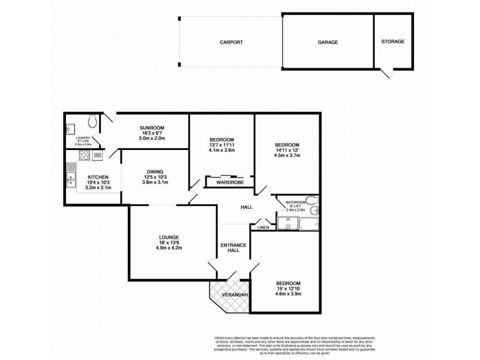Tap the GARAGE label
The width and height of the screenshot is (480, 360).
(328, 43)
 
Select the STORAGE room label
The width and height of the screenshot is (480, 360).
(393, 41)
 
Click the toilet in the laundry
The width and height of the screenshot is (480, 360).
(92, 122)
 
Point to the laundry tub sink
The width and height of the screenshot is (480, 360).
(71, 128)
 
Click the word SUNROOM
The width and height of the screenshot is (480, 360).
(152, 128)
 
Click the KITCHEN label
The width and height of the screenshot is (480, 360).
(98, 177)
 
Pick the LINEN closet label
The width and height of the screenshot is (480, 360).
(263, 227)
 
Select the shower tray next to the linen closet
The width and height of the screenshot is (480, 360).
(288, 224)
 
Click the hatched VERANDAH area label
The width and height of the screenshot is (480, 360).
(229, 295)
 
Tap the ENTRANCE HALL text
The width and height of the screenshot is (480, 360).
(233, 247)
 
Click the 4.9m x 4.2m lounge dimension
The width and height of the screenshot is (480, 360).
(169, 248)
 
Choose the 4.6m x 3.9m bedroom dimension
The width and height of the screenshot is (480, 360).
(288, 294)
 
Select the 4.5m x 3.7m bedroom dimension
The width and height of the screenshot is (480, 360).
(287, 155)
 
